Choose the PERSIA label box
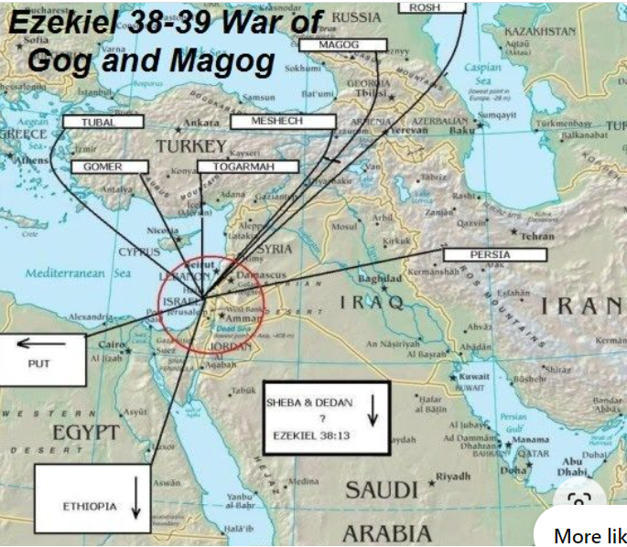[494, 253]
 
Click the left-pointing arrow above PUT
[41, 344]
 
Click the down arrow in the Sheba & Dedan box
[373, 412]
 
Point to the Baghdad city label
[380, 278]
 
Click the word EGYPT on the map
[85, 431]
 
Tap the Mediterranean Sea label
[78, 273]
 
